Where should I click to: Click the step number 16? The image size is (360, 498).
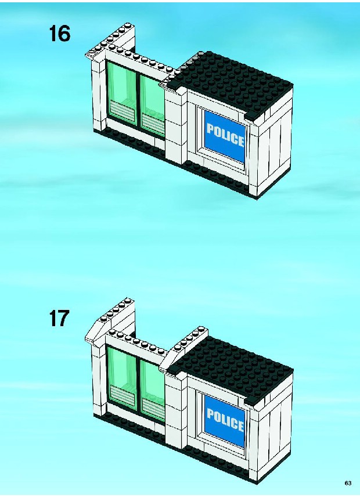tap(59, 34)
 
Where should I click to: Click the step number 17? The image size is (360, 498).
tap(59, 318)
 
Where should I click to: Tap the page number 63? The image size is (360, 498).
tap(348, 483)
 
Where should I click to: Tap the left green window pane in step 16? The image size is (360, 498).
tap(121, 91)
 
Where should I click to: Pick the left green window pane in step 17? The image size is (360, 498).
tap(121, 375)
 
